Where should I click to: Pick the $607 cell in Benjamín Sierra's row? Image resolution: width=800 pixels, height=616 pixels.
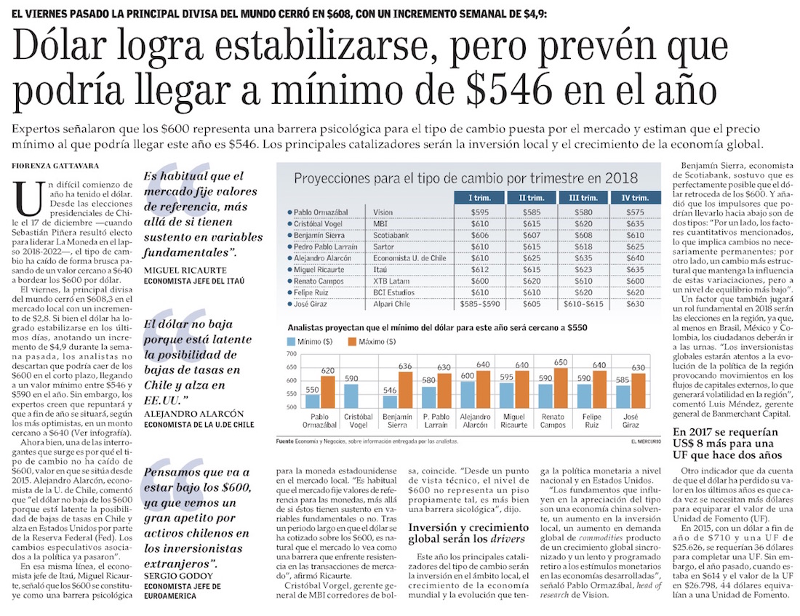(528, 236)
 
